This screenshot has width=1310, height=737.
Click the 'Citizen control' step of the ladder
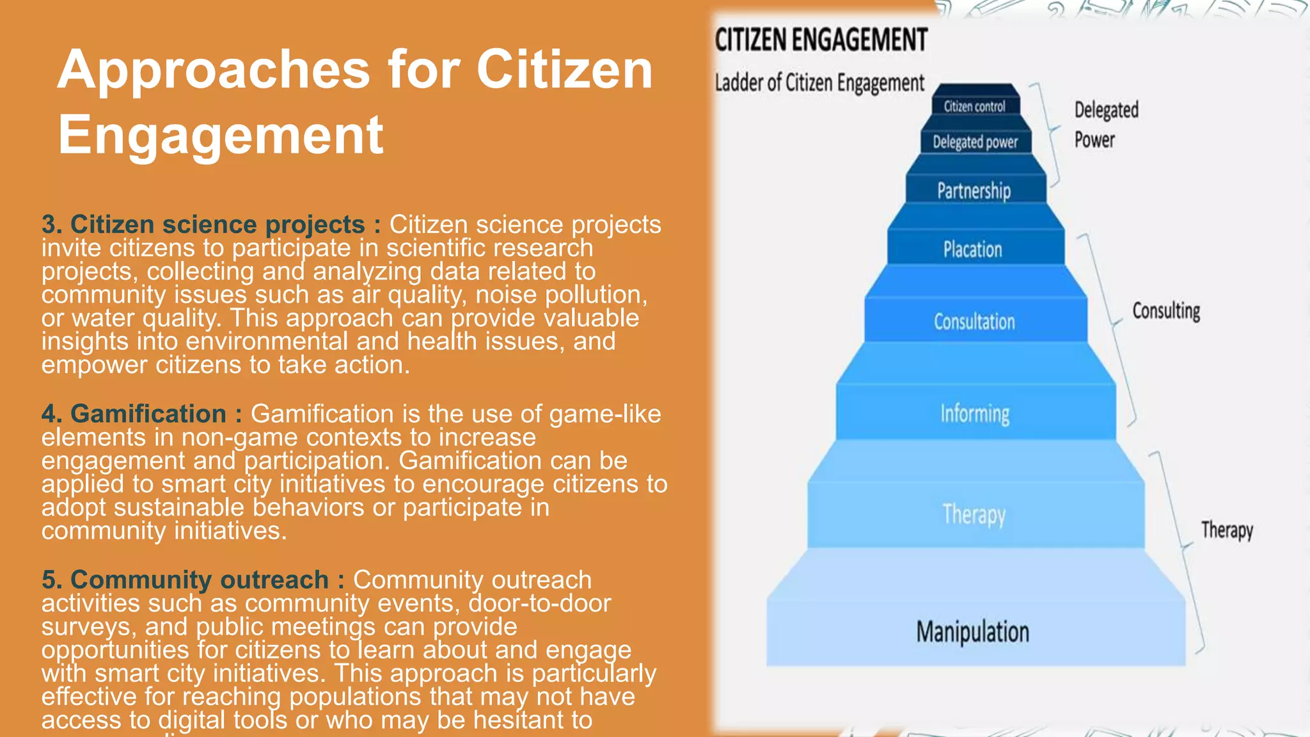(974, 106)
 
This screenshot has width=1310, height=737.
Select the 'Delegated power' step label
(975, 141)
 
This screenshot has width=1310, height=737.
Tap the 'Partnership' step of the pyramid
(974, 190)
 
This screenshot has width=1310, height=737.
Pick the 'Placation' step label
(972, 249)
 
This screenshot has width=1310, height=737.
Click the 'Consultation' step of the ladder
(974, 321)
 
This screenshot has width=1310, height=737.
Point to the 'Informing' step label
(975, 413)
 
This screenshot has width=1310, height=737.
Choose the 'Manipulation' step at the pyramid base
(973, 631)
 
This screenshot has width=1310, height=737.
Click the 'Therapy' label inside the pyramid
(974, 514)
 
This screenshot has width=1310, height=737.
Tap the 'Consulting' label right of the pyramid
(1166, 311)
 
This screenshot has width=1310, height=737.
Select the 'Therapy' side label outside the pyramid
(1227, 530)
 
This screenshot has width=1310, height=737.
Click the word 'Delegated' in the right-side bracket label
(1106, 110)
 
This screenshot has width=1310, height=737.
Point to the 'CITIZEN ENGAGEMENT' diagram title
(821, 40)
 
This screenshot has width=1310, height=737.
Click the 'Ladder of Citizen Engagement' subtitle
(819, 83)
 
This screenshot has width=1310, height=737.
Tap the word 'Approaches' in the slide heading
(214, 70)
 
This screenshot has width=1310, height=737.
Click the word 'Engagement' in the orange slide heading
(221, 135)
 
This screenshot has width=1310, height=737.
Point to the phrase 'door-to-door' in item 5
(539, 603)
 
